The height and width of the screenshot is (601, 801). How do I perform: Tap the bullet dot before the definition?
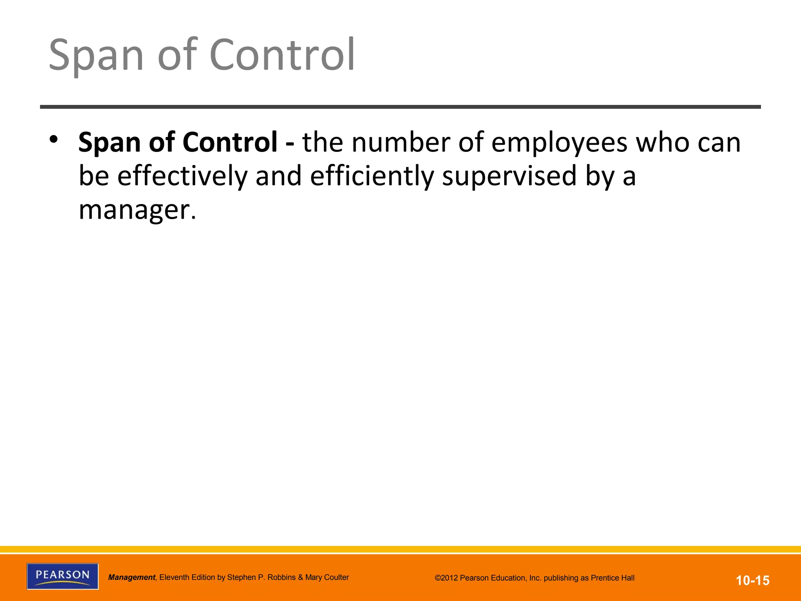coord(54,139)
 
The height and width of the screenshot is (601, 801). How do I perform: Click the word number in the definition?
coord(400,142)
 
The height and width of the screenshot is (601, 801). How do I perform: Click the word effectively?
coord(183,176)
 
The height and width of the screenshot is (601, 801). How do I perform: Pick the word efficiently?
coord(372,176)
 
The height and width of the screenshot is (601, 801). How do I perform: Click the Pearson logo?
coord(63,576)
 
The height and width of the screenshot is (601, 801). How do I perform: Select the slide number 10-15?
coord(753,580)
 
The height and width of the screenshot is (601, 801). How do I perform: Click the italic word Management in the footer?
coord(132,578)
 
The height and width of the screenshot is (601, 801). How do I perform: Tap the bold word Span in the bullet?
coord(110,142)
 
